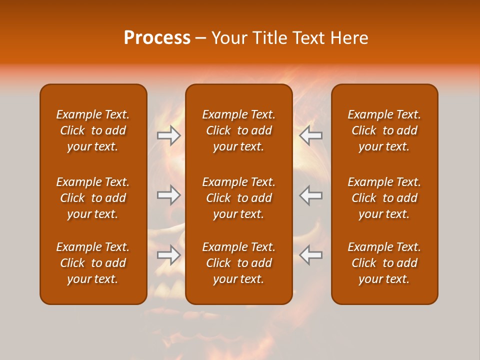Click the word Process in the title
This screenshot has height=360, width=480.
pos(157,38)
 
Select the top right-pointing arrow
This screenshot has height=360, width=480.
pos(168,135)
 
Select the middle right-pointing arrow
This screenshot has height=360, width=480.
pos(168,195)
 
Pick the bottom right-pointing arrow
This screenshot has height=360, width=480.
pos(168,254)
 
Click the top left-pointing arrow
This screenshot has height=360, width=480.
pos(310,135)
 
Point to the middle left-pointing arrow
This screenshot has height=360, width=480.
pos(310,195)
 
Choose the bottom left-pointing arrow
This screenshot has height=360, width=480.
pos(310,254)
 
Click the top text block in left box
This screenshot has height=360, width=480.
pos(93,130)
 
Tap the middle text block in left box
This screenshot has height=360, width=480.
pos(93,198)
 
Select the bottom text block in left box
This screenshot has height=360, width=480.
pos(93,263)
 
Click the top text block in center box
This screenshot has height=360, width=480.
pos(238,130)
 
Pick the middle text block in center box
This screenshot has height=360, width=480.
pos(238,198)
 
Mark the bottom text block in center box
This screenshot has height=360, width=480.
pos(238,263)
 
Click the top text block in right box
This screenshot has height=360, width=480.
pos(384,130)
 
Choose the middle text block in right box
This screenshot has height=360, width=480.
pos(384,198)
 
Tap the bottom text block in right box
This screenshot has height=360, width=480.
pos(384,263)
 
